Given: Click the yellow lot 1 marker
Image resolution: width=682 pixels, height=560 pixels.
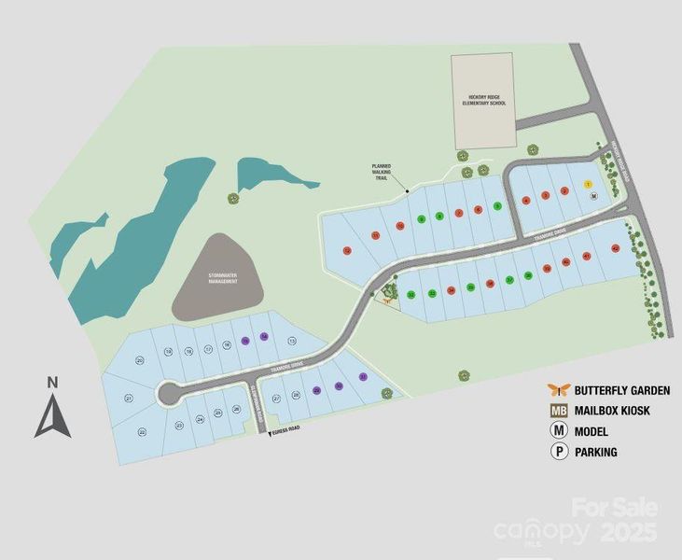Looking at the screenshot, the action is [x=588, y=185].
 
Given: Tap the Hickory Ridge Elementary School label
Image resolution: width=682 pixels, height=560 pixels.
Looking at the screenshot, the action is [x=482, y=100].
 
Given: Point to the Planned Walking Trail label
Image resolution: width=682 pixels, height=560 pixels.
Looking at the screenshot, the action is [x=381, y=172].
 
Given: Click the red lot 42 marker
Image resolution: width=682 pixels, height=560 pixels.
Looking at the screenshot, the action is [x=616, y=248].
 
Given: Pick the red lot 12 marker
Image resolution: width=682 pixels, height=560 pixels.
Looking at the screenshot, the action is [x=347, y=250].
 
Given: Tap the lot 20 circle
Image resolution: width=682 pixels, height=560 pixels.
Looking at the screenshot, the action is [x=140, y=360].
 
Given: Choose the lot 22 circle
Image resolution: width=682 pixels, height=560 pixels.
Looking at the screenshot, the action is [x=142, y=432].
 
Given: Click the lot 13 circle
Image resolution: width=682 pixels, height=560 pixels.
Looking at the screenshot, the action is [x=292, y=341].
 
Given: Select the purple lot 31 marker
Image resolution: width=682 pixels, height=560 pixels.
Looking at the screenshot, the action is [x=362, y=377].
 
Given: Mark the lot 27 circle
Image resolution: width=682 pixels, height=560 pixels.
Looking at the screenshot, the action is [x=276, y=399].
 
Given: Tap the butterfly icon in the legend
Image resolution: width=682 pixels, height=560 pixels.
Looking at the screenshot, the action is [x=559, y=390].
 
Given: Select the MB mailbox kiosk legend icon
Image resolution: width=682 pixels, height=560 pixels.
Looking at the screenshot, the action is [x=559, y=411].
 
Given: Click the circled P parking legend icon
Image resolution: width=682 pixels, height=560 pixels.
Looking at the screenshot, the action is [x=559, y=452].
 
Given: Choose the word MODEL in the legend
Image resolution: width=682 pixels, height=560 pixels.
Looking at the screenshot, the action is [x=592, y=431].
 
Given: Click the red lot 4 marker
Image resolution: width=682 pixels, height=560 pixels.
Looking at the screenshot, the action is [x=527, y=200].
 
